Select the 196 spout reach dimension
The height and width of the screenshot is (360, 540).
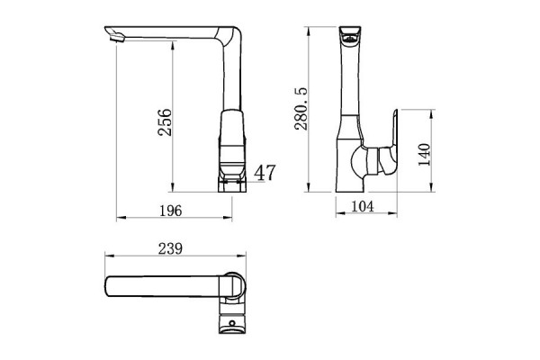click(171, 211)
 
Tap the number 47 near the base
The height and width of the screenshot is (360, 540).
click(265, 173)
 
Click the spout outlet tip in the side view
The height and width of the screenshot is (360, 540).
click(112, 36)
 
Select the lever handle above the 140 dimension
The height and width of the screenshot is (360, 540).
click(391, 139)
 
